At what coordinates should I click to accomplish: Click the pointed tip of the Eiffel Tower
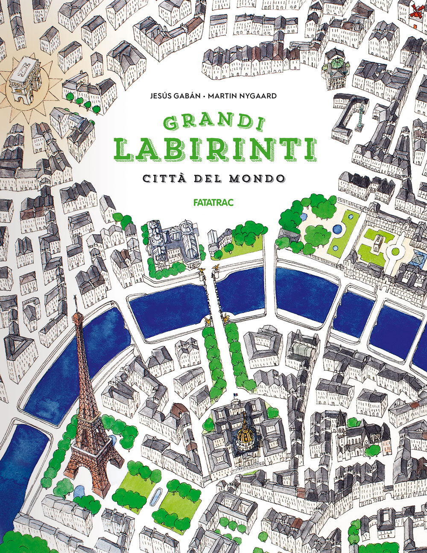tap(76, 297)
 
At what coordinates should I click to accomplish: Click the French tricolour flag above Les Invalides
tap(234, 395)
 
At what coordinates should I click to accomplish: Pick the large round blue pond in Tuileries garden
tap(337, 230)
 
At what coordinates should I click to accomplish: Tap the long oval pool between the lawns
tap(157, 497)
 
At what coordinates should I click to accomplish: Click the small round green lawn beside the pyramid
tap(395, 251)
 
